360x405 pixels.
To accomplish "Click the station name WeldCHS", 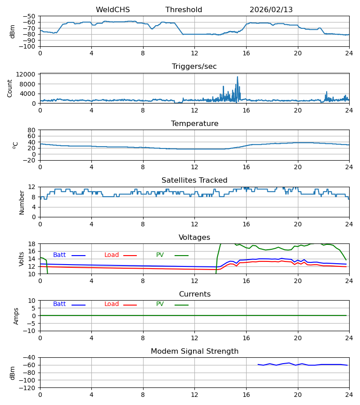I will point(112,10).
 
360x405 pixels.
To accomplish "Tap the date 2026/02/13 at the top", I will point(270,10).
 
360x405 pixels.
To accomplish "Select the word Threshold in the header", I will point(184,10).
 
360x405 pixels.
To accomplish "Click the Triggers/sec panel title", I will point(194,67).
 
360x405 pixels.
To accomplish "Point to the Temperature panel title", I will point(194,124).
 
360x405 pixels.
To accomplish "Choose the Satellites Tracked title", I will point(194,180).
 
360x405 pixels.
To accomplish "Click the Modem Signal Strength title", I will point(194,351).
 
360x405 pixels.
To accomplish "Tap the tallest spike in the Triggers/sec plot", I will point(238,77).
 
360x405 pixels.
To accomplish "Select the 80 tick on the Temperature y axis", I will point(32,130).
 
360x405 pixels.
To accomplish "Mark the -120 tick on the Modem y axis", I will point(28,387).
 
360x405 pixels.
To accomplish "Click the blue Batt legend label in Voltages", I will point(59,255).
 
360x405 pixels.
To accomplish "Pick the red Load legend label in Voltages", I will point(112,255).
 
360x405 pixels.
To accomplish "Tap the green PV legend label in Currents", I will point(160,304).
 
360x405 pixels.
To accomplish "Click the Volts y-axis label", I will point(22,259).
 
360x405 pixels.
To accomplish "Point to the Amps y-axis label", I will point(16,316).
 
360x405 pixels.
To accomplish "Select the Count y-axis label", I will point(10,88).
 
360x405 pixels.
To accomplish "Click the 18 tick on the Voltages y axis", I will point(32,244).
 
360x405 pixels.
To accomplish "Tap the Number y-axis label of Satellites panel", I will point(22,202).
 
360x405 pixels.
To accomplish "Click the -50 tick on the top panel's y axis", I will point(30,16).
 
